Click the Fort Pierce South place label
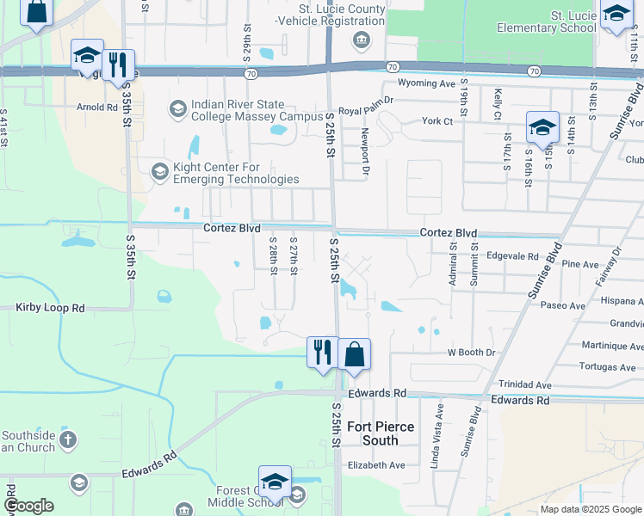click(381, 433)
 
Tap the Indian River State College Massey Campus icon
click(178, 108)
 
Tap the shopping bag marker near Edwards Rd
click(354, 354)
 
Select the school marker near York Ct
click(542, 128)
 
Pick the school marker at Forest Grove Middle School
click(275, 482)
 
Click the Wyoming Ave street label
click(425, 83)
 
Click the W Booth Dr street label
click(471, 353)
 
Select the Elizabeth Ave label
click(375, 465)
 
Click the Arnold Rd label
click(96, 107)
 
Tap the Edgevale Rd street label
click(512, 255)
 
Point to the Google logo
click(28, 507)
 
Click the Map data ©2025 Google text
click(591, 509)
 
